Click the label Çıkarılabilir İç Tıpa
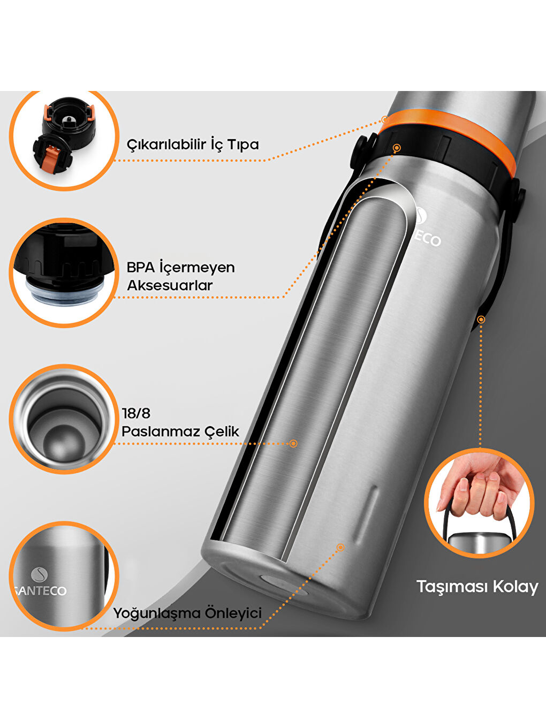coord(193,144)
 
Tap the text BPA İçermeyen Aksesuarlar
coord(180,276)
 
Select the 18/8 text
coord(136,413)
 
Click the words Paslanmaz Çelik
coord(180,431)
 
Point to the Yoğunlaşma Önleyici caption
coord(187,613)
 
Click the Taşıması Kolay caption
coord(477,587)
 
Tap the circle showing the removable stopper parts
coord(64,140)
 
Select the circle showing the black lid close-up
coord(63,272)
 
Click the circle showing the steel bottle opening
coord(63,419)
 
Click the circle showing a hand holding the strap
coord(479,503)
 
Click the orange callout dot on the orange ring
coord(385,119)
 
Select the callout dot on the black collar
coord(397,147)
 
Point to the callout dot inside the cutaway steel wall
coord(293,443)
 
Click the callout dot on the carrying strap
coord(481,320)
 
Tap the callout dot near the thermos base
coord(340,547)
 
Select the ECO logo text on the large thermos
coord(429,239)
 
